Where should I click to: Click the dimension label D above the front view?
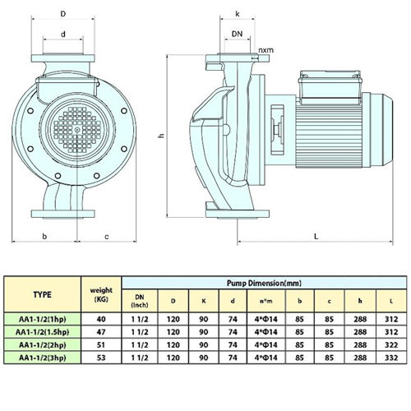[63, 13]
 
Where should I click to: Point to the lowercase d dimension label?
[63, 35]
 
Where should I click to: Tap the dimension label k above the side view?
[238, 14]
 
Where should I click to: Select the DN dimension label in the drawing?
[238, 34]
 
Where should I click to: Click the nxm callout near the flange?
[266, 50]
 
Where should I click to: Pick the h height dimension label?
[162, 135]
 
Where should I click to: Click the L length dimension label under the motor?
[316, 236]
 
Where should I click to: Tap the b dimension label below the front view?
[44, 236]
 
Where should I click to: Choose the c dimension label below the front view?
[107, 237]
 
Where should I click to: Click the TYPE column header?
[43, 294]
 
